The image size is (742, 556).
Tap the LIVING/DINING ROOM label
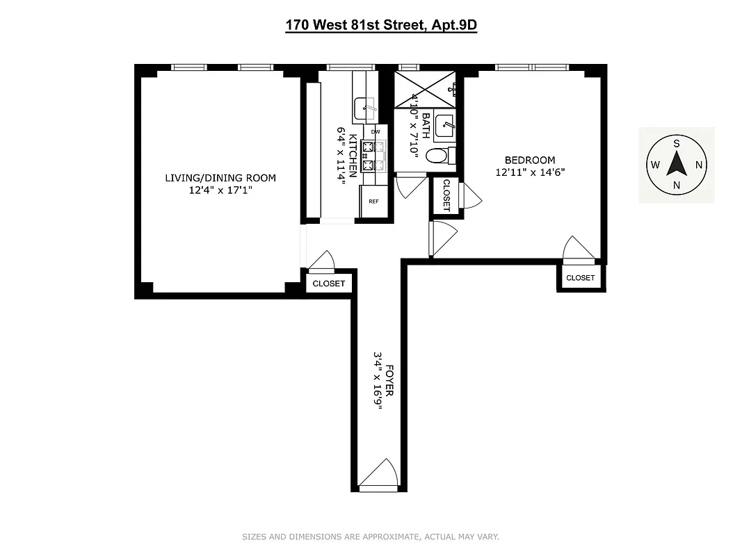[x=220, y=178]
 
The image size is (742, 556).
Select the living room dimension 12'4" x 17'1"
[x=220, y=190]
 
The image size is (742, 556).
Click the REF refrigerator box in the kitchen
[x=373, y=202]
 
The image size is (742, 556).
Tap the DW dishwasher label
[x=376, y=131]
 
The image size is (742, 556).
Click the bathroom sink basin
[x=444, y=126]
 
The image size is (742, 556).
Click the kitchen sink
[x=364, y=108]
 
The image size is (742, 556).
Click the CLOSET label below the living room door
[x=328, y=284]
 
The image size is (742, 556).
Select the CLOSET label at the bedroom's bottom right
[x=580, y=278]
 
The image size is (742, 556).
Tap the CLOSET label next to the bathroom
[x=446, y=196]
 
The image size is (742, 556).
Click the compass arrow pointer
[x=676, y=165]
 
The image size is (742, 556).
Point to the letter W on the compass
[x=655, y=165]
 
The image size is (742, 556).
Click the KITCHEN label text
[x=353, y=156]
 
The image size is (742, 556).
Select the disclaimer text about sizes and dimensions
[x=370, y=537]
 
